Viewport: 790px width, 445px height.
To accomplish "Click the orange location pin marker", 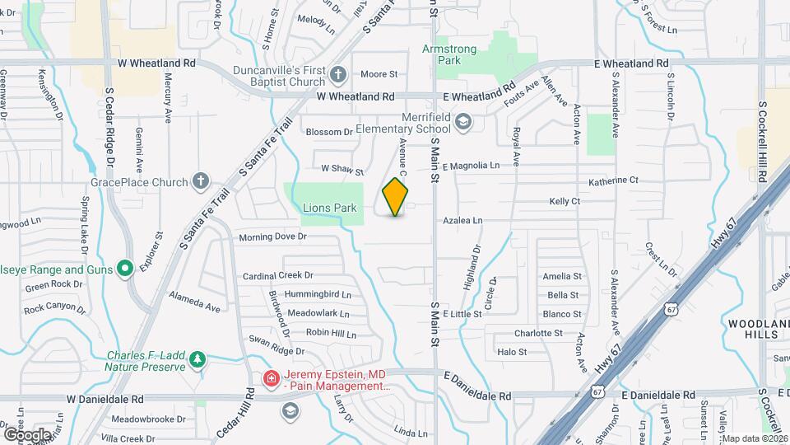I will click(x=395, y=196).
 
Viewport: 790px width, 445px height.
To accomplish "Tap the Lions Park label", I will click(x=329, y=208).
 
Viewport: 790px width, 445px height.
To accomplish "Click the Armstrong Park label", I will click(x=449, y=55).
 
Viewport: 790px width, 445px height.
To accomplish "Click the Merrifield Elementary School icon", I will click(x=463, y=122).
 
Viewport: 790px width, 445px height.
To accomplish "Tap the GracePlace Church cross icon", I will click(x=200, y=181).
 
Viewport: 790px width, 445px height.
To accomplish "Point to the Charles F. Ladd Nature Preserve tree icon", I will click(x=197, y=359).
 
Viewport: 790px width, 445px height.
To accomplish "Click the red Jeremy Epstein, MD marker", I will click(x=269, y=378).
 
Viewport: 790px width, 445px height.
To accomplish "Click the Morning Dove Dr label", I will click(x=272, y=237).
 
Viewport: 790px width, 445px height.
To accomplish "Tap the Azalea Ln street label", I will click(x=462, y=221).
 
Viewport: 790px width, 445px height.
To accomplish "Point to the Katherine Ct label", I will click(x=613, y=180).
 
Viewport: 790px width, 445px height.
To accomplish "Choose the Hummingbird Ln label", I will click(x=318, y=294).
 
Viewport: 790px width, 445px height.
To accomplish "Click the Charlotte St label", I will click(x=538, y=334).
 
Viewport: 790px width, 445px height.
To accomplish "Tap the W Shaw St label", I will click(x=342, y=170).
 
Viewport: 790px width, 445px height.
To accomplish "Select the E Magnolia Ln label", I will click(x=471, y=166).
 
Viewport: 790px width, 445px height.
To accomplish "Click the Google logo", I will click(x=26, y=434).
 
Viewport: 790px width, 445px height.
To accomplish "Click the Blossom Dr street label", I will click(x=329, y=132).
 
